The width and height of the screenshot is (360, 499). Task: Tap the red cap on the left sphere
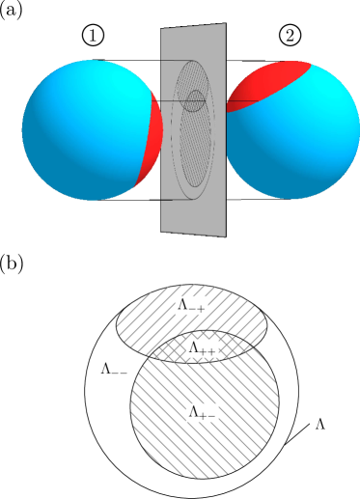coord(152,135)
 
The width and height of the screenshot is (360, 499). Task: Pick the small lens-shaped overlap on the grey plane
coord(195,100)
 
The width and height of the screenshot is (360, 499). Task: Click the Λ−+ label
coord(191,305)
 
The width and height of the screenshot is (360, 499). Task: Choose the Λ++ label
coord(202,348)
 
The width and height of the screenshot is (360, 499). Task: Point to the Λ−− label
coord(114,370)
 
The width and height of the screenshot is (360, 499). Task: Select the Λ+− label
coord(202,412)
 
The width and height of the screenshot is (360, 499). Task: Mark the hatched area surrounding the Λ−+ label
coord(145,319)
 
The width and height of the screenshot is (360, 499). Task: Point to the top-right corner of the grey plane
coord(225,24)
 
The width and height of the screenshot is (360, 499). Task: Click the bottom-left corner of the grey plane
coord(161,231)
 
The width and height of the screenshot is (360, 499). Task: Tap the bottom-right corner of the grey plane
coord(225,236)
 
